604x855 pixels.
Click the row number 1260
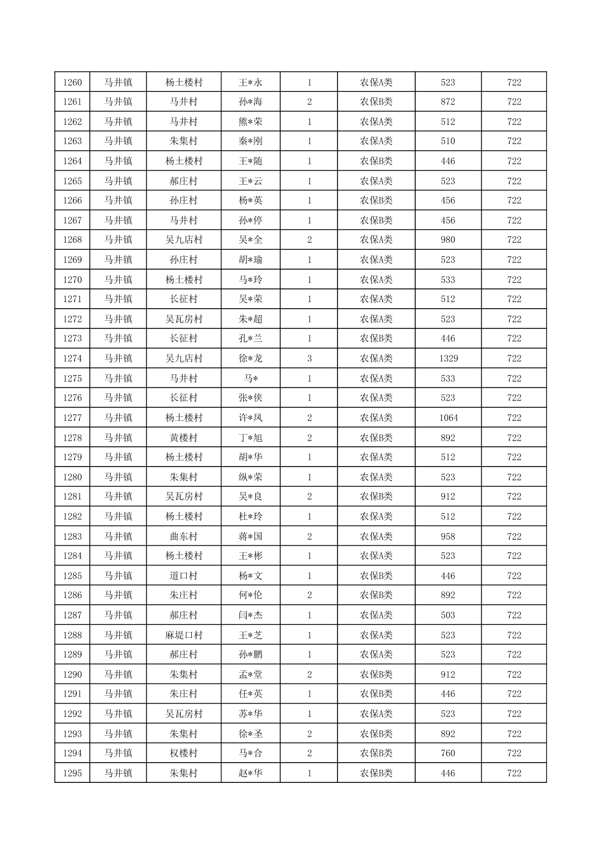(72, 82)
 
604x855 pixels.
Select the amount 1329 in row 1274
(448, 358)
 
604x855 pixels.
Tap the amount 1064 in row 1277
(448, 418)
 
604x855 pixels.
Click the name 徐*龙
(251, 358)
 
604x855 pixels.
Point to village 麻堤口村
(184, 635)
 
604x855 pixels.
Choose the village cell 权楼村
(184, 753)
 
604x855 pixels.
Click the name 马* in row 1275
(251, 378)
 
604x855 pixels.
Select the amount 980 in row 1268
(448, 240)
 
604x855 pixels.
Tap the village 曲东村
(184, 536)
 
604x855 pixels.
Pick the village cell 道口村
(184, 576)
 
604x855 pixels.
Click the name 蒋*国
(251, 536)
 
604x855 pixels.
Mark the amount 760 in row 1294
(448, 753)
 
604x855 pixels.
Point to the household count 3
(310, 358)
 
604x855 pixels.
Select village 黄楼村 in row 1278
(184, 438)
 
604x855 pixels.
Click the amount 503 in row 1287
(448, 615)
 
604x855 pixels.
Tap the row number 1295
(72, 773)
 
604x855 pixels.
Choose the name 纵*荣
(251, 477)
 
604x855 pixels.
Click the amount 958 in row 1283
(448, 536)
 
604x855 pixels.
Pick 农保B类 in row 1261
(376, 102)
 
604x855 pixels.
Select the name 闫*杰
(251, 615)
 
